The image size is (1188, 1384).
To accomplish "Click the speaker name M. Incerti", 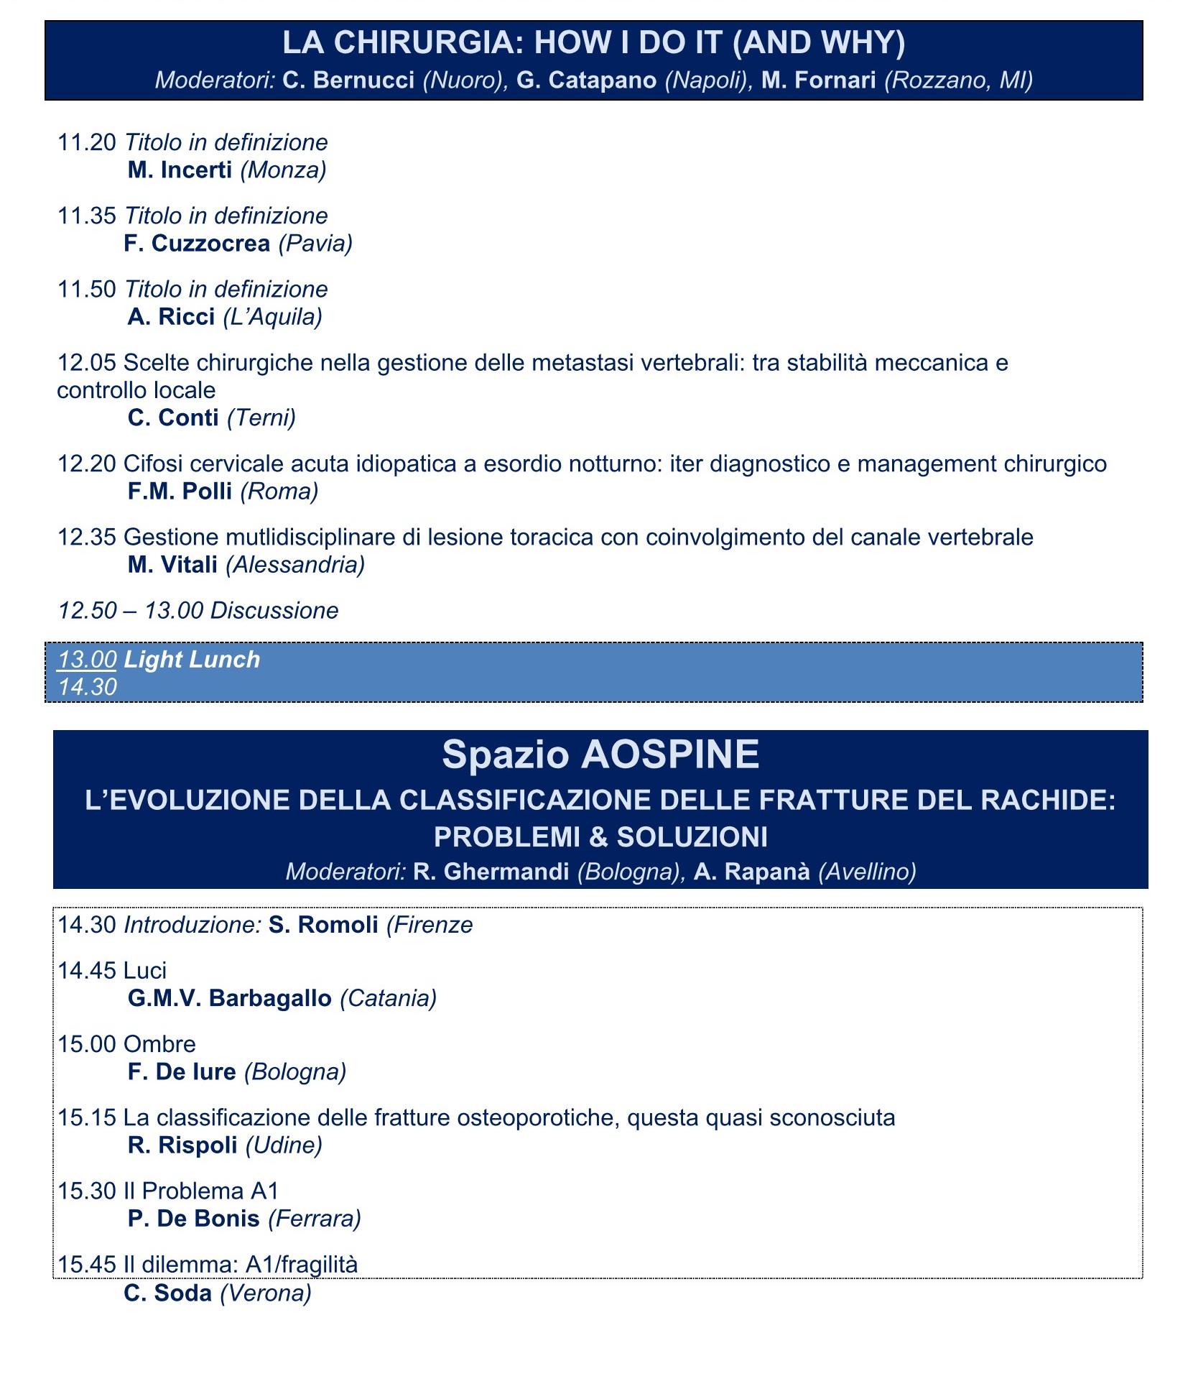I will click(180, 170).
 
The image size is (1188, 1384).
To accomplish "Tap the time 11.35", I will click(86, 216).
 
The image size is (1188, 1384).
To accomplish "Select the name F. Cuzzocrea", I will click(197, 244).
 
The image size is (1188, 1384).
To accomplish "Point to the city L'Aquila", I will click(272, 317).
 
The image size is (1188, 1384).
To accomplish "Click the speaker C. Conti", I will click(173, 417).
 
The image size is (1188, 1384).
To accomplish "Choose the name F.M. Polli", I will click(180, 492).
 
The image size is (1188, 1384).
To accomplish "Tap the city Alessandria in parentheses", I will click(295, 565).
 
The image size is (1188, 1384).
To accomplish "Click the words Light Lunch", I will click(192, 660).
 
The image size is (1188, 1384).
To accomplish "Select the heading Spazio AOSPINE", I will click(600, 755).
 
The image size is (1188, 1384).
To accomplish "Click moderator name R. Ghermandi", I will click(491, 872).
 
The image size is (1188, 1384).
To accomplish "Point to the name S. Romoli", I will click(323, 925).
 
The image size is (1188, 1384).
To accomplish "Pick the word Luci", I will click(145, 971).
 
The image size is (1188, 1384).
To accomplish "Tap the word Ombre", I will click(159, 1044).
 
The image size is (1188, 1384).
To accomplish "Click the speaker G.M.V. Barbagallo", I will click(229, 999).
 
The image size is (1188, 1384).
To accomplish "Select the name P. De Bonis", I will click(193, 1219).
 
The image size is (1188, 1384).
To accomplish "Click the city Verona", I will click(266, 1293).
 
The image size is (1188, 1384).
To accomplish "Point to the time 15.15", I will click(86, 1117).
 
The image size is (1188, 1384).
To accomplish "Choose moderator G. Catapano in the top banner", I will click(586, 80).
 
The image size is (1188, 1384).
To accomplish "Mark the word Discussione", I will click(274, 611).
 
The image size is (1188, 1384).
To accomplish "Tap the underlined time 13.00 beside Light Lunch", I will click(87, 660).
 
